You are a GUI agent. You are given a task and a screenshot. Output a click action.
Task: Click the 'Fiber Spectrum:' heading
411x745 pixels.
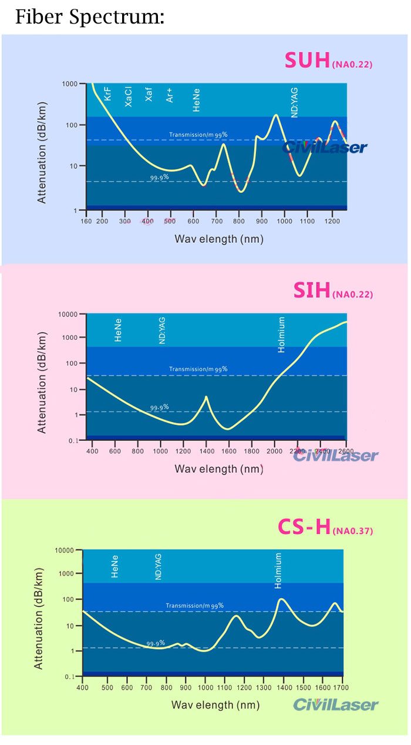pos(89,17)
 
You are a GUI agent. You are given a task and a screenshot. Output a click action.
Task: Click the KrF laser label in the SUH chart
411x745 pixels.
pos(108,93)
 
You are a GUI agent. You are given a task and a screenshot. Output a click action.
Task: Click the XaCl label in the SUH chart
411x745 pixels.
pos(129,96)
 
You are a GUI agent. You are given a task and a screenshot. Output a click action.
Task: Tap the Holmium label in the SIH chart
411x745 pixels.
pos(281,335)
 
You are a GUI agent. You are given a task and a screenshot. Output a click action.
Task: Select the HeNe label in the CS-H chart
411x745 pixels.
pos(115,566)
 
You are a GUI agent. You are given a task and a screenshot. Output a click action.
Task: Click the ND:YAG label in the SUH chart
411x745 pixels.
pos(295,103)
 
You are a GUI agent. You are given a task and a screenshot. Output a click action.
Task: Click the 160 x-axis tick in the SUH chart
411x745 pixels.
pos(86,221)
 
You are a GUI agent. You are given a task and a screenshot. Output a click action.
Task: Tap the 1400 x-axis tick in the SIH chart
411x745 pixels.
pos(206,451)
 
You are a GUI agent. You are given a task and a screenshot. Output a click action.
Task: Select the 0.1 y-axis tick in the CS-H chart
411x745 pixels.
pos(72,677)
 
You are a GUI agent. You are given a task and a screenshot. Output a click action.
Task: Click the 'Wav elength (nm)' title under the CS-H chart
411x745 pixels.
pos(215,704)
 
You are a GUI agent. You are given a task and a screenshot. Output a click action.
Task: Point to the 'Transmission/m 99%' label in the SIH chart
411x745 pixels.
pos(198,369)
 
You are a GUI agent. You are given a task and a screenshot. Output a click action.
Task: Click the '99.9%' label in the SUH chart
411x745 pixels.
pos(160,176)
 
